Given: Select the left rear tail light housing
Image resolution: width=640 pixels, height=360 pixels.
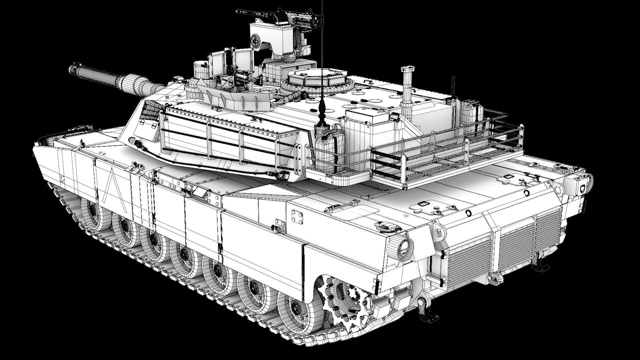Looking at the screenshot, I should click(x=403, y=247).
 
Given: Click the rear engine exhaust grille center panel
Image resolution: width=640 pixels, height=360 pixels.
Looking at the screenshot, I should click(x=515, y=247).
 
